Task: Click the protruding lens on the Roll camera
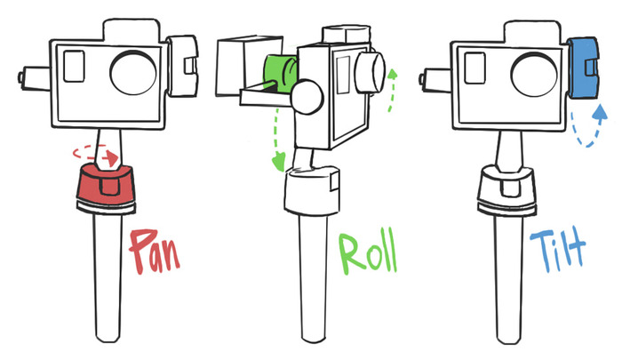[368, 69]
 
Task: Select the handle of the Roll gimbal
[315, 276]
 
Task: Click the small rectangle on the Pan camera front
[75, 68]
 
